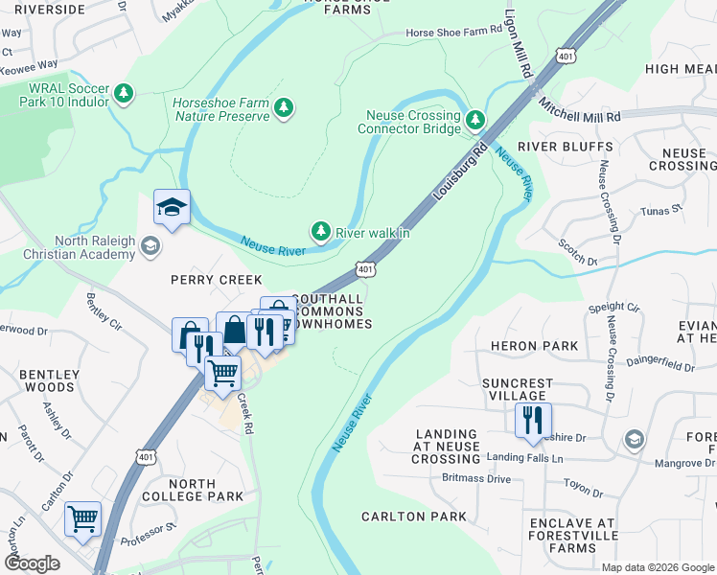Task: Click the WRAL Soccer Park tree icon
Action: click(123, 93)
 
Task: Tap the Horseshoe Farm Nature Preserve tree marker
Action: click(283, 109)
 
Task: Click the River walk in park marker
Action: click(320, 232)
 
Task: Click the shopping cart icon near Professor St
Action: click(83, 518)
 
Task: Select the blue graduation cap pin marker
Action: click(173, 208)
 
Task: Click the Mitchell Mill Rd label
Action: click(579, 109)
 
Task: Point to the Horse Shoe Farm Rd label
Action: click(454, 30)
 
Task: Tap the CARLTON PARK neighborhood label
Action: click(413, 517)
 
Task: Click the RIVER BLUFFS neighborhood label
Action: click(565, 147)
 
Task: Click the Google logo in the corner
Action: click(32, 563)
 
